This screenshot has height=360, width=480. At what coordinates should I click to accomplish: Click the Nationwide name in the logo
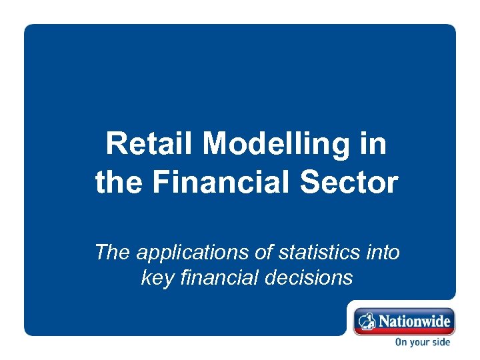pos(415,321)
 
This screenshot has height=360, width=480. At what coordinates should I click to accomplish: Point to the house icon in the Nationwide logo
pos(366,322)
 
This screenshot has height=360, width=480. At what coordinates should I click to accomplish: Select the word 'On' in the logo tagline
pos(402,343)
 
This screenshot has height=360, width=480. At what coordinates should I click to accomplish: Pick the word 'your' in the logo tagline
pos(420,343)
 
